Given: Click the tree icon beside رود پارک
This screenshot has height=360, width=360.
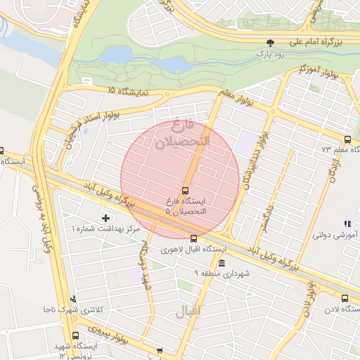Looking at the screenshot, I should pyautogui.click(x=271, y=42).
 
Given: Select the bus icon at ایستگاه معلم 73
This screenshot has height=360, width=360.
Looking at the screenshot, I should pyautogui.click(x=347, y=139).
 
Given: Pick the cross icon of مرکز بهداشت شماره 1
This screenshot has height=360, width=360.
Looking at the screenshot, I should pyautogui.click(x=106, y=218).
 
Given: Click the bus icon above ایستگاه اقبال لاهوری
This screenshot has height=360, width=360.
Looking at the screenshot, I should pyautogui.click(x=194, y=238).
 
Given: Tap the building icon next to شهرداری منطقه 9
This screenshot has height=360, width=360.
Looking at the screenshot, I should pyautogui.click(x=222, y=263).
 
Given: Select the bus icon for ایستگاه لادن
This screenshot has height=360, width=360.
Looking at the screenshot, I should pyautogui.click(x=345, y=298).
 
